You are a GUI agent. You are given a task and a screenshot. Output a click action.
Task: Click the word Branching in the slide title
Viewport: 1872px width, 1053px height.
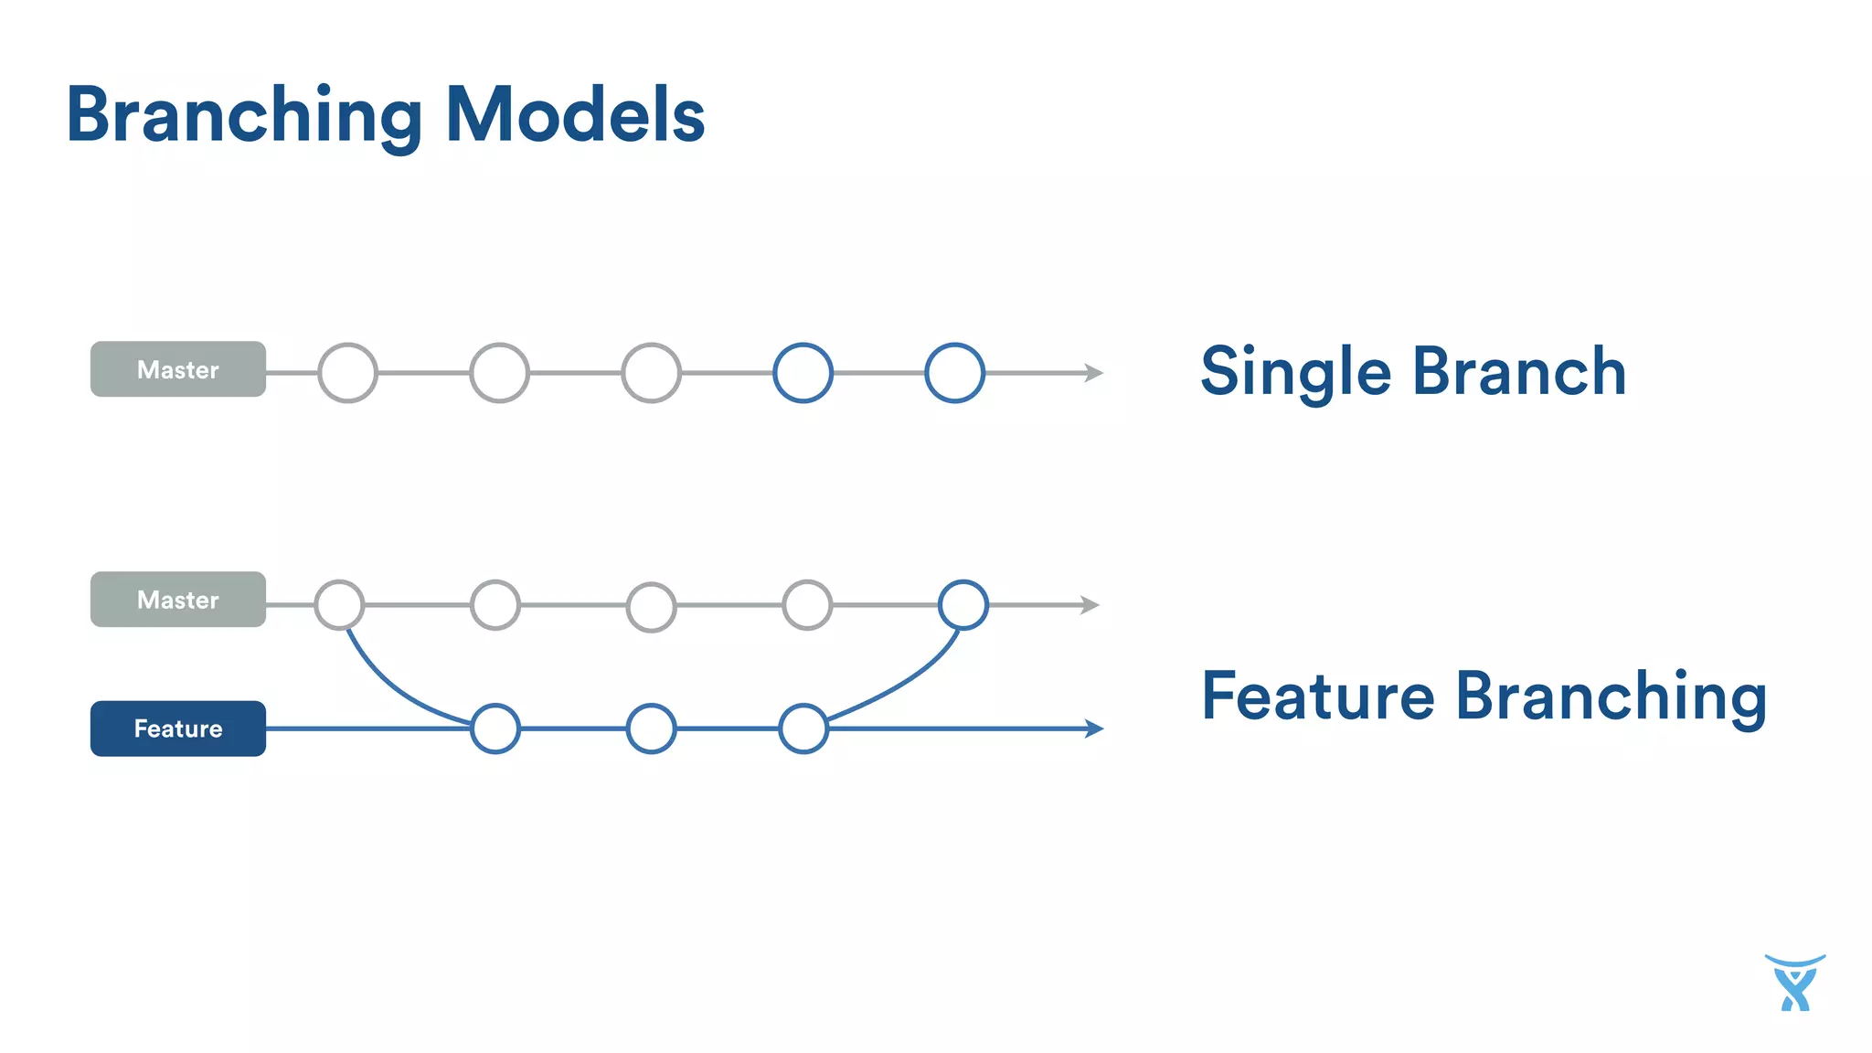(244, 116)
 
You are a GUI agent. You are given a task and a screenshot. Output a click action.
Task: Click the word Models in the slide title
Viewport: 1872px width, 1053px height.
(575, 116)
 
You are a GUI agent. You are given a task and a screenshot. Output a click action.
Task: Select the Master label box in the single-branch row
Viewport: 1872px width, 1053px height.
(178, 369)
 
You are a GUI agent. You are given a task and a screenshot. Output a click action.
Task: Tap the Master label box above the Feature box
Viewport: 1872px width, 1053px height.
(178, 600)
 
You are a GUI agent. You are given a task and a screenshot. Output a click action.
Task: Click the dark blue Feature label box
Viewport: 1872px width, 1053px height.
(178, 729)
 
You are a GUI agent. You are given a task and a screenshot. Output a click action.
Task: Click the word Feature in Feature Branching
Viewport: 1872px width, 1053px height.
(1317, 697)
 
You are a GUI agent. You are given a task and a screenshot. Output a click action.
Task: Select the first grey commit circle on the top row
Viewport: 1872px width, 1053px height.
(347, 373)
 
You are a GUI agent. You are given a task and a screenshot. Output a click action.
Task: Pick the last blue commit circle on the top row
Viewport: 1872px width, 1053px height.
(954, 373)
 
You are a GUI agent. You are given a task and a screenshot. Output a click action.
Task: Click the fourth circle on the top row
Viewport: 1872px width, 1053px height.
(803, 373)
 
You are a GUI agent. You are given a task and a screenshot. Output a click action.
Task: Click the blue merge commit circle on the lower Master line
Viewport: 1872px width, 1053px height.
(963, 605)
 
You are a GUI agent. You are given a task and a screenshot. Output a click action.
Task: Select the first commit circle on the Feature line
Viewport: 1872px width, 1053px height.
(495, 729)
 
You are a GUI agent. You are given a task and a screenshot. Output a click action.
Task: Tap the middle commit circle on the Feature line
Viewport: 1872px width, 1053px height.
(652, 729)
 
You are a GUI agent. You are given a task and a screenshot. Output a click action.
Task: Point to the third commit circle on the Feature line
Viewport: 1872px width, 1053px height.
(803, 729)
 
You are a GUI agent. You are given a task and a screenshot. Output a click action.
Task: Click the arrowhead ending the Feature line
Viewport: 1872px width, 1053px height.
(1094, 729)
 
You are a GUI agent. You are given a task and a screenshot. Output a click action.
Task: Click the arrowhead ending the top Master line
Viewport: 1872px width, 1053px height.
(1094, 373)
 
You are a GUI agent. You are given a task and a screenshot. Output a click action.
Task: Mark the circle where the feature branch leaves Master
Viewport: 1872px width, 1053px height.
(339, 605)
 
